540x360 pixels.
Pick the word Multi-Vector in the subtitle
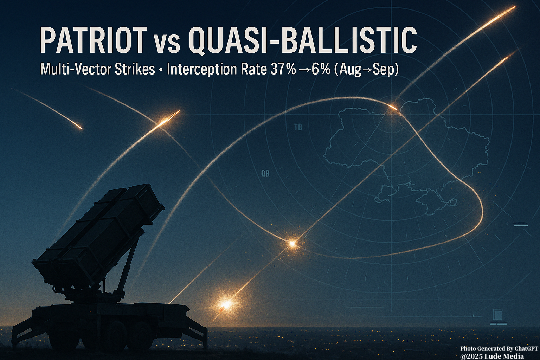76,70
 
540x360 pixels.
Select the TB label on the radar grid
298,127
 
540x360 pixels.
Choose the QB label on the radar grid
265,174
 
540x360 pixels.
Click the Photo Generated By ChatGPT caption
498,348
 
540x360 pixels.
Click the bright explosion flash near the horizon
226,304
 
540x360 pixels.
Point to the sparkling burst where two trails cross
292,244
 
